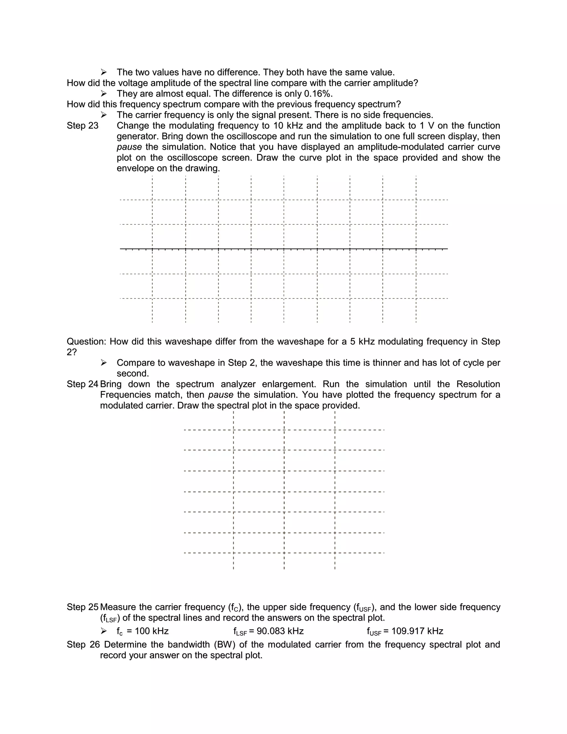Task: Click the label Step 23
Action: click(82, 126)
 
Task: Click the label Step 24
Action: click(82, 384)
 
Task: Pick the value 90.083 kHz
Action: click(280, 631)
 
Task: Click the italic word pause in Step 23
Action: click(129, 147)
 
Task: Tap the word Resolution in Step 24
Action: click(478, 384)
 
